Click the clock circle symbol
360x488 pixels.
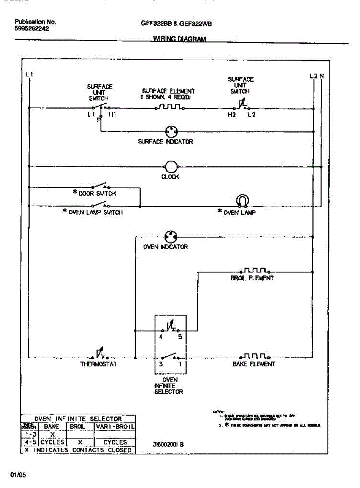[171, 166]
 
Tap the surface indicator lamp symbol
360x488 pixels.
[171, 131]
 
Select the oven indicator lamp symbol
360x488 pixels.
[170, 236]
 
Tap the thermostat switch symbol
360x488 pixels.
[99, 353]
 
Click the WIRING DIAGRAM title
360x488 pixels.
[179, 39]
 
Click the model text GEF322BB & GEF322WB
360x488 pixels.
[176, 24]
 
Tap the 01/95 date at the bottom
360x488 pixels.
[18, 475]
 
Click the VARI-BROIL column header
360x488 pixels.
[115, 427]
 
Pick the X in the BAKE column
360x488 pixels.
[52, 434]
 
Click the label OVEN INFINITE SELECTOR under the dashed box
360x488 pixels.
[169, 386]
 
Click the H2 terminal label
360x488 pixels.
[231, 115]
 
